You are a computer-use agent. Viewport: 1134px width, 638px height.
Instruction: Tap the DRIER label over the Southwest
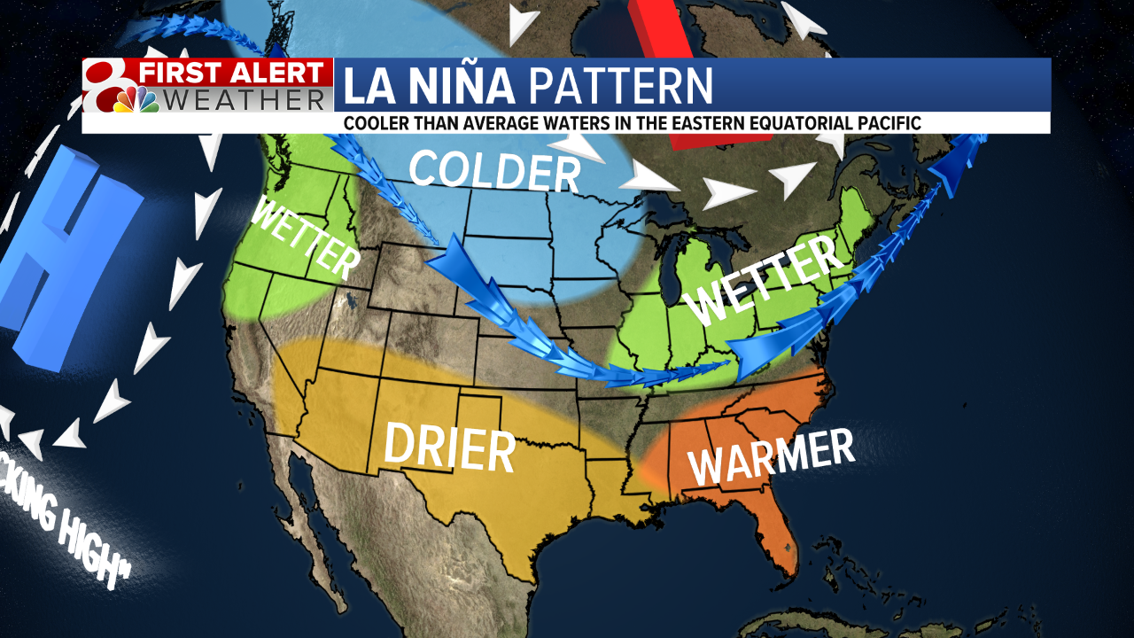click(x=448, y=447)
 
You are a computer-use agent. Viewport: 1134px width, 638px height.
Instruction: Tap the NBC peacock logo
click(x=136, y=99)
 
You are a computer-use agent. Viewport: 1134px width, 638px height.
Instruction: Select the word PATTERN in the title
click(x=620, y=86)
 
